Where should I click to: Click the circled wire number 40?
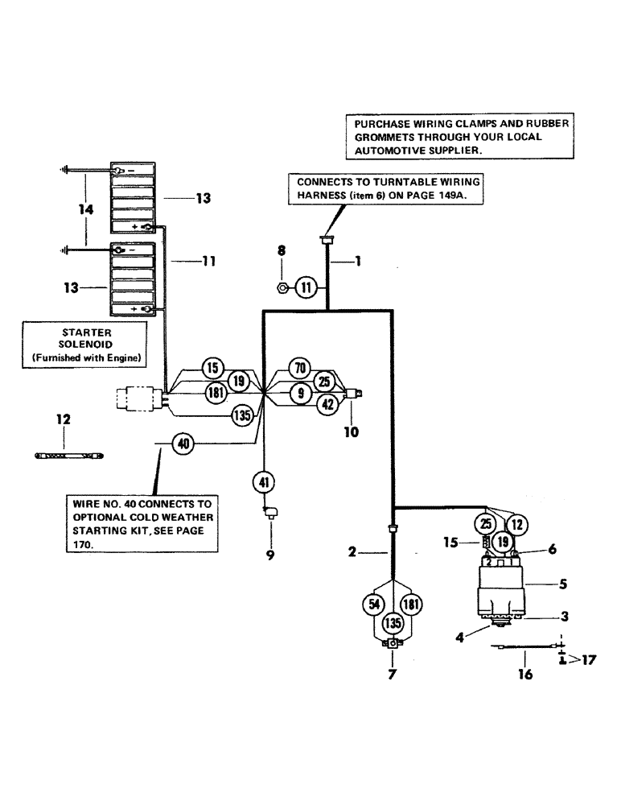(x=183, y=442)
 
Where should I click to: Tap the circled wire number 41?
(x=265, y=482)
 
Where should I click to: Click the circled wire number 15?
(x=212, y=368)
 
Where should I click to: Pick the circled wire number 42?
(x=327, y=406)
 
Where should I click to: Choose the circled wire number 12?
(x=516, y=525)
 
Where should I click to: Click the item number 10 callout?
(x=352, y=431)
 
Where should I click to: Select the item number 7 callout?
(x=392, y=675)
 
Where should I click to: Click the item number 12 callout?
(x=64, y=419)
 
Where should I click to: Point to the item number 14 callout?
(x=86, y=210)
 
